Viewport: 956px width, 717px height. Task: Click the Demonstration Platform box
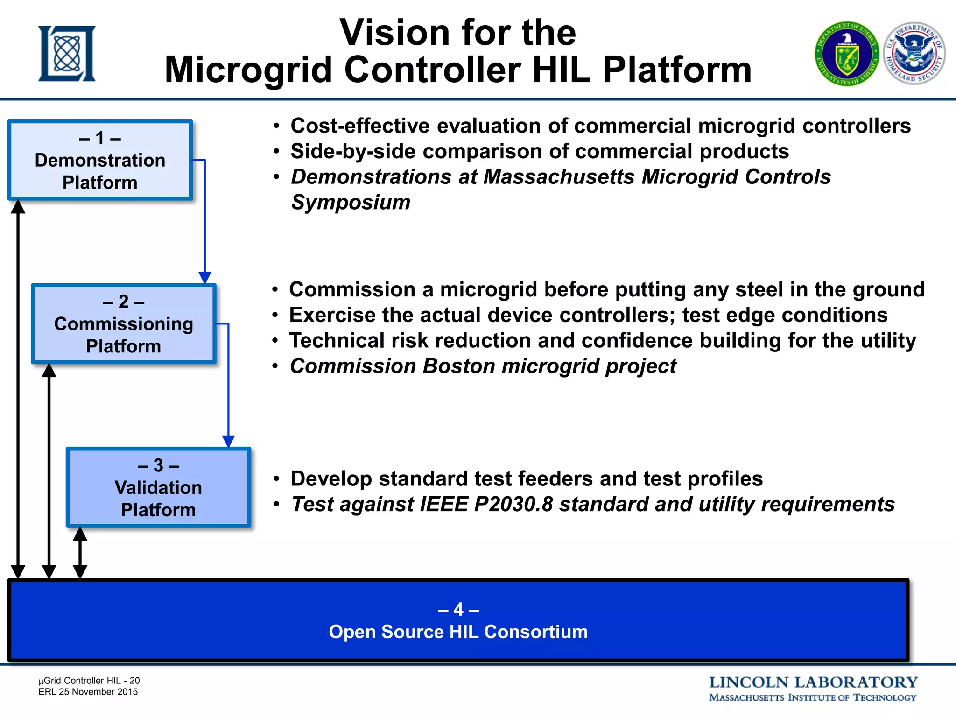(100, 160)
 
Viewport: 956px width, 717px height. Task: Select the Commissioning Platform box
(124, 323)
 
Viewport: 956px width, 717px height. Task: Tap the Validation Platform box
(158, 487)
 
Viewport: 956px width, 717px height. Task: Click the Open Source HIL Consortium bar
(458, 621)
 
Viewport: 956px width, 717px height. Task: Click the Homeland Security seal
(914, 53)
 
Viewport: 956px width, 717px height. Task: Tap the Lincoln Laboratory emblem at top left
(67, 54)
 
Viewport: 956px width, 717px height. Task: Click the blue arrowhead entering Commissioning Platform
(205, 278)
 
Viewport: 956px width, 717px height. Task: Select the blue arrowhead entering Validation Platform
(228, 441)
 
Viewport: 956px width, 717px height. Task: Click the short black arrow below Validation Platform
(80, 553)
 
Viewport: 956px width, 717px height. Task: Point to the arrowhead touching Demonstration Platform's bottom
(18, 206)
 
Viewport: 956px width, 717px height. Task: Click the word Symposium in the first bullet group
(351, 202)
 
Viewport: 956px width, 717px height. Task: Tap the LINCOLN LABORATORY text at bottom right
(813, 682)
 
